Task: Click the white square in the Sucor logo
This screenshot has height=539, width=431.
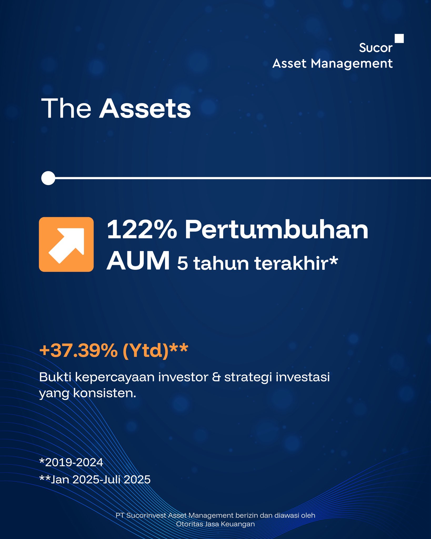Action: click(x=399, y=38)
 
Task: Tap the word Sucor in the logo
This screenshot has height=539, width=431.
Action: click(x=375, y=48)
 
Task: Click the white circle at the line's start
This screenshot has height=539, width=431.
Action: click(x=48, y=178)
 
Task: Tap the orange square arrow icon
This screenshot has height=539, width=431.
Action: click(x=66, y=244)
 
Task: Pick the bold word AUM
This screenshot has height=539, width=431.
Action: click(x=138, y=261)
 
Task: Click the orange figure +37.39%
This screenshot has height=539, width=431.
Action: click(x=78, y=350)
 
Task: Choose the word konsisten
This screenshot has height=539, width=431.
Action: click(x=104, y=393)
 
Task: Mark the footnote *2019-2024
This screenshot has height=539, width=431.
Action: click(x=71, y=462)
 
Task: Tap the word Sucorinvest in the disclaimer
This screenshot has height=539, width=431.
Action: click(x=146, y=515)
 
